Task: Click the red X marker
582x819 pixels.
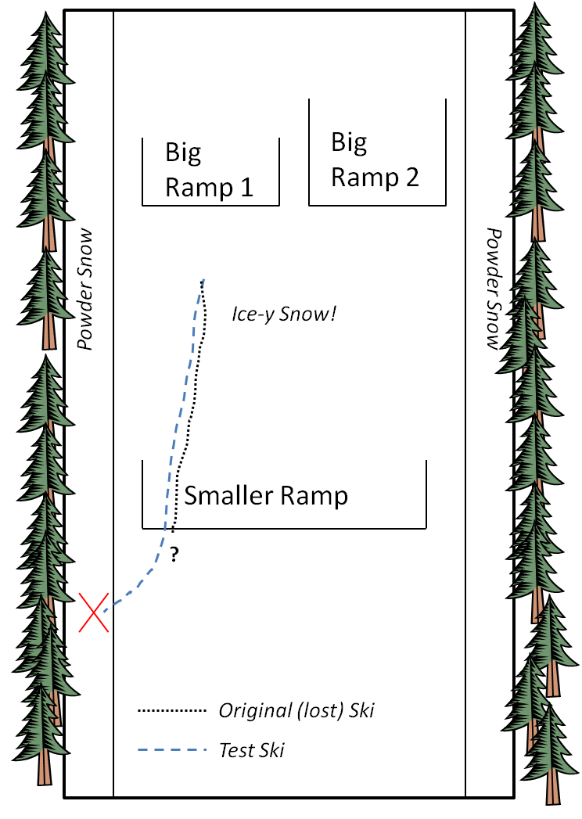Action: click(95, 612)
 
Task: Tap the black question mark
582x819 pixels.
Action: click(174, 555)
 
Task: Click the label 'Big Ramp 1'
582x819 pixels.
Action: click(210, 170)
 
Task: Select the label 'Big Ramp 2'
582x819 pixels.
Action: click(375, 160)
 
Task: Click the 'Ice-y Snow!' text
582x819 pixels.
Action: click(284, 314)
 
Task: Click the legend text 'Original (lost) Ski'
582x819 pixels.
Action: click(296, 711)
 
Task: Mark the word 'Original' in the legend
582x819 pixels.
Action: click(250, 711)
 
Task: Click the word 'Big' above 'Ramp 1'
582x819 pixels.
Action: click(183, 153)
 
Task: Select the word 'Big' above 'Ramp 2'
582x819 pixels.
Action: click(349, 142)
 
